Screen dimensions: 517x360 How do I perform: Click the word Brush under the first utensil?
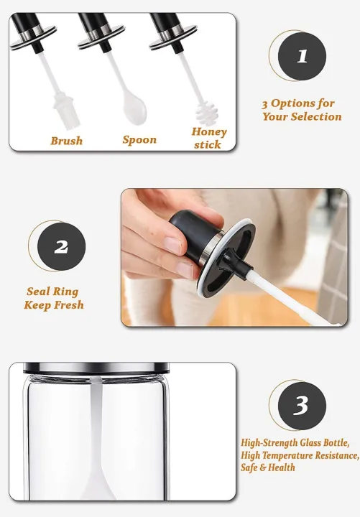tap(66, 141)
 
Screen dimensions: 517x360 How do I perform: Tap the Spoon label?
tap(139, 140)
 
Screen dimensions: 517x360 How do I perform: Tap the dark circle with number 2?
tap(61, 246)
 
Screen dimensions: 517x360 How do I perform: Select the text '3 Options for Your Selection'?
tap(301, 110)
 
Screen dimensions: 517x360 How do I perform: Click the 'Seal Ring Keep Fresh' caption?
tap(54, 298)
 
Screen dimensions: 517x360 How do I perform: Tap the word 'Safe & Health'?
tap(268, 467)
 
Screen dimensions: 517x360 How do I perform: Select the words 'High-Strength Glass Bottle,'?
tap(300, 443)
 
